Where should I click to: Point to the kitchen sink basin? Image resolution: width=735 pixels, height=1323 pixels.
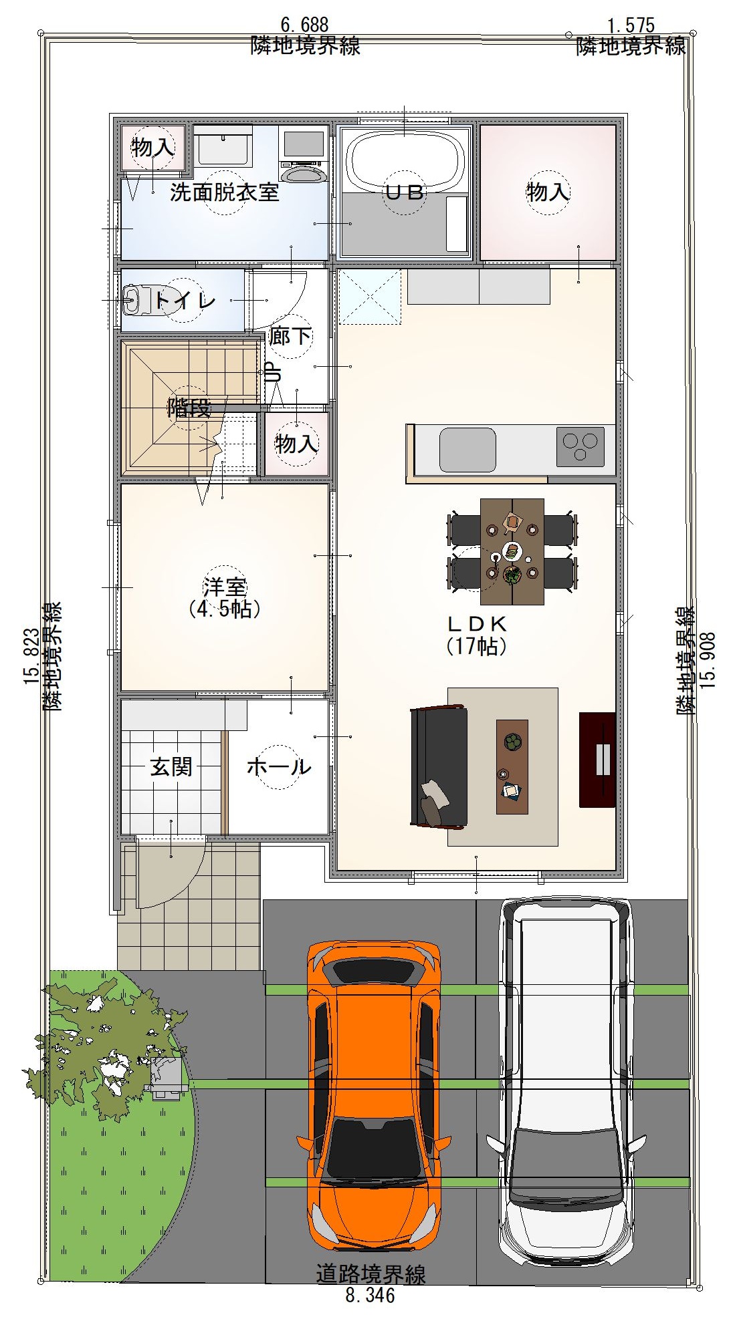pyautogui.click(x=467, y=449)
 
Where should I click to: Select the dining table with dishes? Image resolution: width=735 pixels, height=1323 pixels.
pyautogui.click(x=512, y=551)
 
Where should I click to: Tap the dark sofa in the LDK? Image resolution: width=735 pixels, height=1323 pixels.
pyautogui.click(x=439, y=767)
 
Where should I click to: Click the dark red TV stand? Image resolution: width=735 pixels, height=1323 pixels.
pyautogui.click(x=597, y=759)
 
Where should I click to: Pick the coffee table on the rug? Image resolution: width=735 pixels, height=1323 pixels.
pyautogui.click(x=512, y=766)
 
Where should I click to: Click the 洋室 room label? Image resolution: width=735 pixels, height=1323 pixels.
pyautogui.click(x=225, y=587)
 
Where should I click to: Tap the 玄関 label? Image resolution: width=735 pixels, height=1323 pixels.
pyautogui.click(x=171, y=766)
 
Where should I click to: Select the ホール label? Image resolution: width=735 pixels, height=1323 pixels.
pyautogui.click(x=279, y=766)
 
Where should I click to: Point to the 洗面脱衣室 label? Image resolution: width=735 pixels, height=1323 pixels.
pyautogui.click(x=225, y=192)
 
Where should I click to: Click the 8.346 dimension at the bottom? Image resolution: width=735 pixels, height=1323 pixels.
pyautogui.click(x=371, y=1296)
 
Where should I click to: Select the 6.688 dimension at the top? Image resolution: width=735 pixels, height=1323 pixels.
pyautogui.click(x=305, y=25)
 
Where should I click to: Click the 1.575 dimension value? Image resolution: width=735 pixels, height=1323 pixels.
pyautogui.click(x=631, y=26)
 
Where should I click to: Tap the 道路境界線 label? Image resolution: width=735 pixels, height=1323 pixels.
pyautogui.click(x=371, y=1275)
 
